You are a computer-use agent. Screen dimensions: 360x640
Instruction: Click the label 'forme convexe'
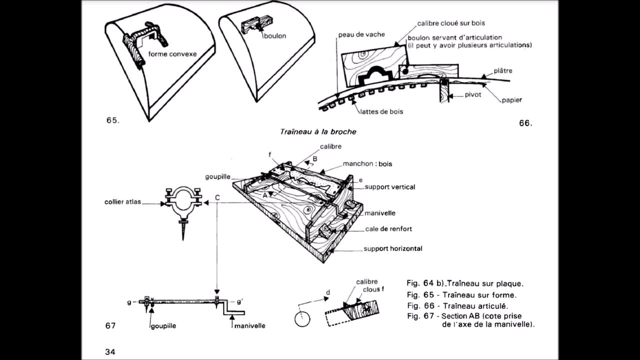[172, 54]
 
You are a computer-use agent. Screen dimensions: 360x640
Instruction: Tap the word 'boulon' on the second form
[274, 36]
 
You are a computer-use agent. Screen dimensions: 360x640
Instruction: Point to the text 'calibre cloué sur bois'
[451, 23]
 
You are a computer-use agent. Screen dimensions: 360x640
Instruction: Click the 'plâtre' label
[502, 71]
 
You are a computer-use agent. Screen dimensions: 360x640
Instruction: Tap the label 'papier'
[512, 100]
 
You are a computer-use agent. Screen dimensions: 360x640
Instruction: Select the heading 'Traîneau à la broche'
[318, 132]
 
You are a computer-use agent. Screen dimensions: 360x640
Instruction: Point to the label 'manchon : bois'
[367, 164]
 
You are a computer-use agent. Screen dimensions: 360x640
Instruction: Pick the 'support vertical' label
[389, 187]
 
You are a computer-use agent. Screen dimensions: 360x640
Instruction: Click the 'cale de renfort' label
[388, 229]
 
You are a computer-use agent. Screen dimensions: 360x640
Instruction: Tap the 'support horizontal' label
[392, 248]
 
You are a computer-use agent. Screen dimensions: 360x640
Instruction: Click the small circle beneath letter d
[302, 319]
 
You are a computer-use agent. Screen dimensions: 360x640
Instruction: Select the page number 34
[110, 352]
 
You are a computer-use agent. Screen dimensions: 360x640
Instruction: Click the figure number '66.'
[525, 123]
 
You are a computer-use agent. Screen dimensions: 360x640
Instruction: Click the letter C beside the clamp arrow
[217, 198]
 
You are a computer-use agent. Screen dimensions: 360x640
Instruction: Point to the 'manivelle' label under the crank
[249, 326]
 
